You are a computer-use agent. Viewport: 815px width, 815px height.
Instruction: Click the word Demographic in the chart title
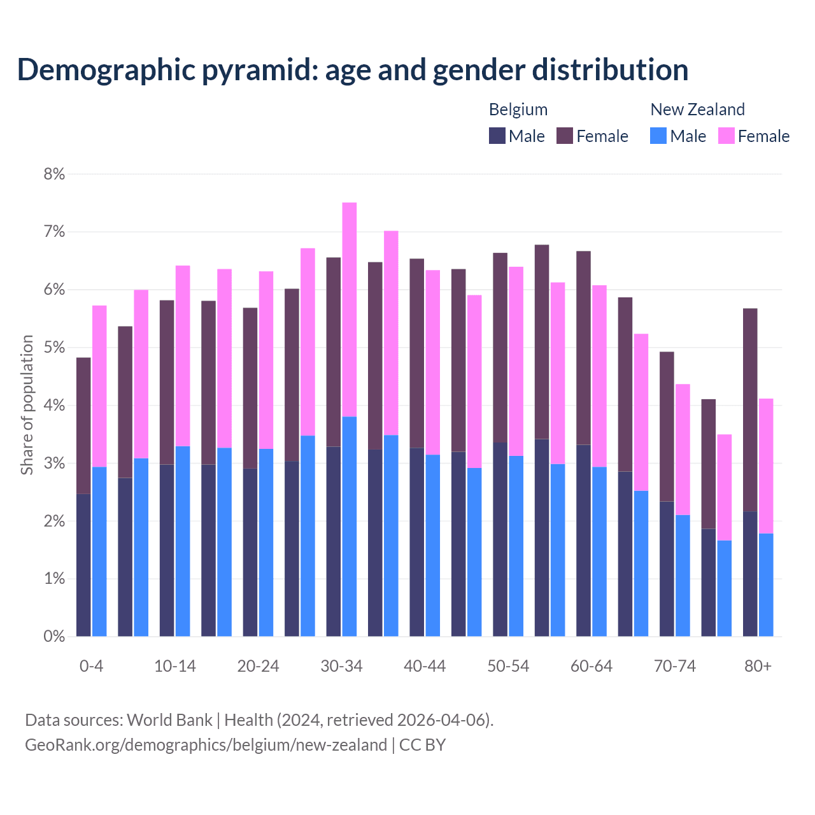pos(105,70)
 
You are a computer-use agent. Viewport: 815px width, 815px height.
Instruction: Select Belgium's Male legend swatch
pos(497,136)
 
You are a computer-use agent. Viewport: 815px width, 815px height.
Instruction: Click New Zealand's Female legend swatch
pos(726,136)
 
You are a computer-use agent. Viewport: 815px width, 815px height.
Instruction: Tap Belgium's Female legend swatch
pos(565,136)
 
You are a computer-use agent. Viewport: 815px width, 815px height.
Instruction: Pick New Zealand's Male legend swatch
pos(658,136)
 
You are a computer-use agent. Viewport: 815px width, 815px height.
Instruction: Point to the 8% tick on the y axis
pos(54,174)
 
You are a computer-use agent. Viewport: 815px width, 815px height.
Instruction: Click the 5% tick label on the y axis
pos(54,348)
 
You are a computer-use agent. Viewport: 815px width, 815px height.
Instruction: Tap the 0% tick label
pos(54,636)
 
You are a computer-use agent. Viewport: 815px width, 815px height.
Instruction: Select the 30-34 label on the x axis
pos(341,667)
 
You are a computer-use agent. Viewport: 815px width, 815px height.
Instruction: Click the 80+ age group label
pos(758,667)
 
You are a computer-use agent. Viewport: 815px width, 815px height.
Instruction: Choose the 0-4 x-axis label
pos(91,667)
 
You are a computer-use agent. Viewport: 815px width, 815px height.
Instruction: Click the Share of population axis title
pos(27,405)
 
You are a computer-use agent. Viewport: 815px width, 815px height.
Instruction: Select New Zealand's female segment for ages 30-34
pos(350,309)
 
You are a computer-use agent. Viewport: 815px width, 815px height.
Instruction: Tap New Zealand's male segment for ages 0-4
pos(99,551)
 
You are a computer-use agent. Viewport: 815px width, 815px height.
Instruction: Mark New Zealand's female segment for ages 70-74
pos(683,450)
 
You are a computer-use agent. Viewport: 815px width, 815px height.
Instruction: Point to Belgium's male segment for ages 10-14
pos(167,550)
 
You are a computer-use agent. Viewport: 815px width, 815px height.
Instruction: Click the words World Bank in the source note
pos(169,720)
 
